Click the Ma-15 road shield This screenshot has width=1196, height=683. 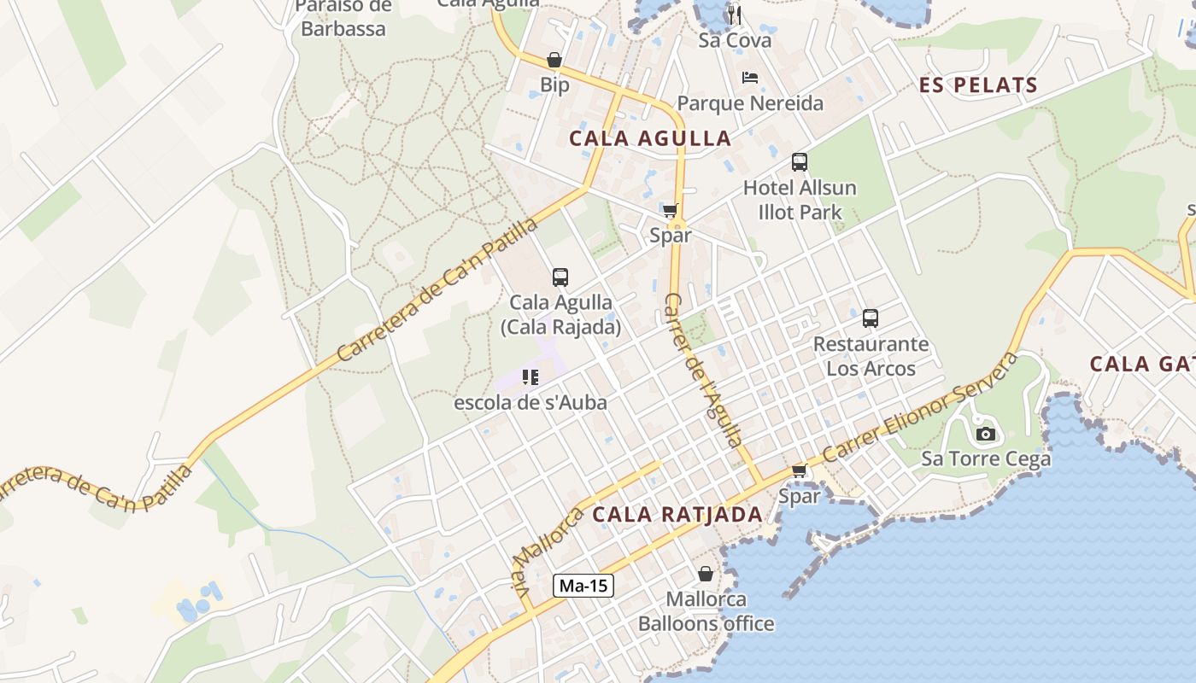click(583, 586)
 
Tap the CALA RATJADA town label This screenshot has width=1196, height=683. click(677, 514)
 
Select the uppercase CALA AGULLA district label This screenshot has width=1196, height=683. click(650, 138)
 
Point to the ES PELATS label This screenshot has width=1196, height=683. click(978, 85)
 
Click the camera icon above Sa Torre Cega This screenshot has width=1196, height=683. click(985, 434)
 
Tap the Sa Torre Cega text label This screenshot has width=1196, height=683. click(985, 459)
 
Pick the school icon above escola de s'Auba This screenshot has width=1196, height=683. click(531, 377)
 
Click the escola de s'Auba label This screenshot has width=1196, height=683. click(531, 402)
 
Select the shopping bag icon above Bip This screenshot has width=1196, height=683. click(554, 60)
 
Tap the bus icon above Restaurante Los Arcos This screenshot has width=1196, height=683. click(871, 318)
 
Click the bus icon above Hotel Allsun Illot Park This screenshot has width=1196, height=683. click(800, 162)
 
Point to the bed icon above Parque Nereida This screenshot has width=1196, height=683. click(750, 78)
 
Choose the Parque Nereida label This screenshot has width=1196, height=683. click(750, 103)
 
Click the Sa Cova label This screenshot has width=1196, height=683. click(735, 40)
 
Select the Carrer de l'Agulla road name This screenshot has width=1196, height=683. click(703, 369)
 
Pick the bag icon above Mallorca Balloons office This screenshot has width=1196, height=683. click(706, 574)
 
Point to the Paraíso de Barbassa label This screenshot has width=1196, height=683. click(343, 18)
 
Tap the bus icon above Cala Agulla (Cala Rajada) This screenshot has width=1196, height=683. click(560, 277)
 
